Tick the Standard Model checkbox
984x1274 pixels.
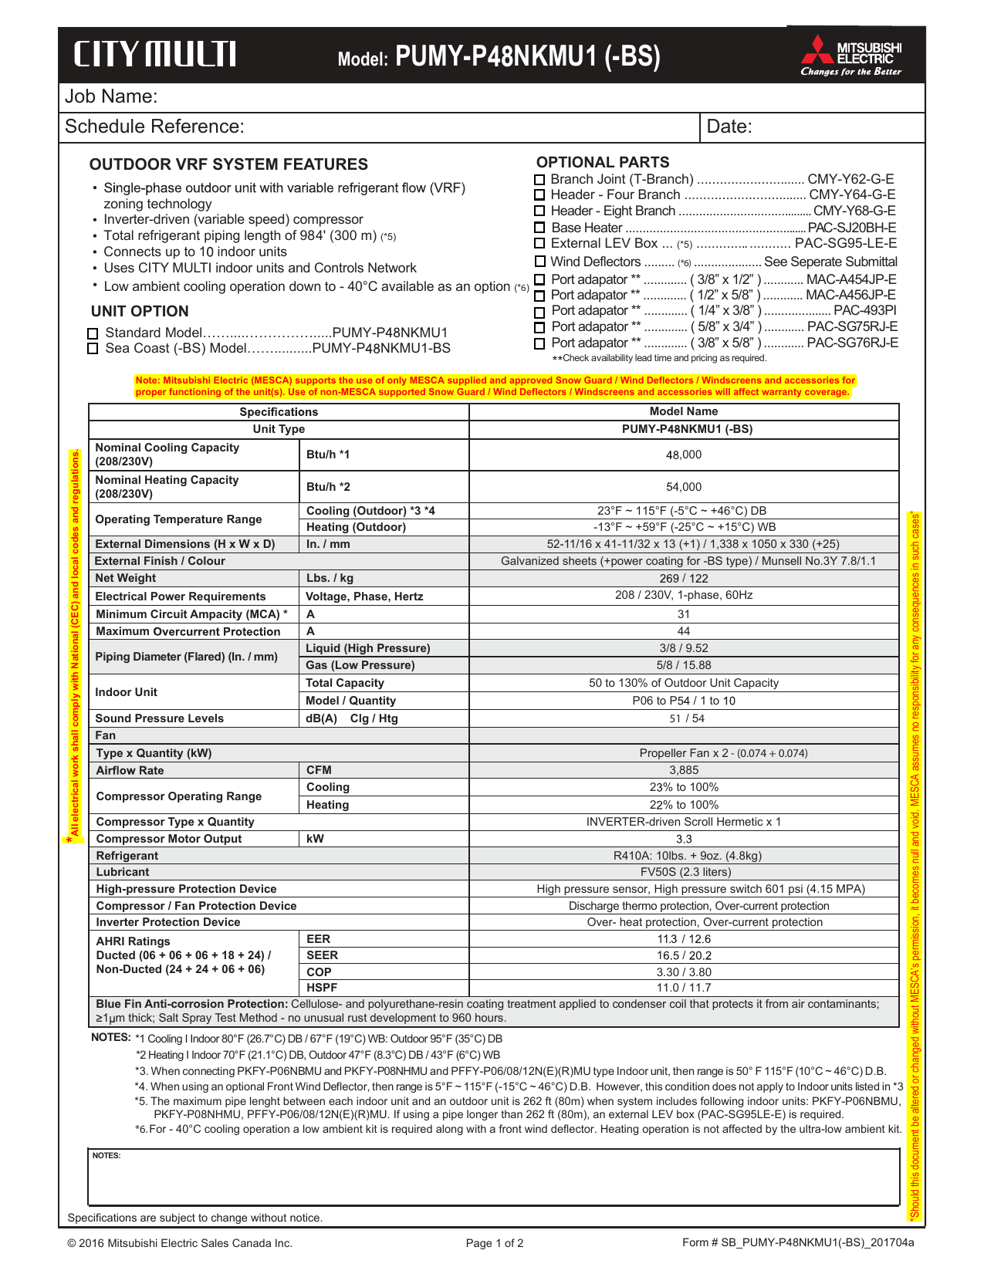click(x=93, y=333)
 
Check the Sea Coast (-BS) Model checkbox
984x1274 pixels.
click(x=93, y=349)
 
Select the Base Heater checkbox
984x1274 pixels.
click(x=540, y=228)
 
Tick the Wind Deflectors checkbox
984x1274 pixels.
click(x=540, y=262)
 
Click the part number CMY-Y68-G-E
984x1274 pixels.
click(x=854, y=211)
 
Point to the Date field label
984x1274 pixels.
click(x=729, y=127)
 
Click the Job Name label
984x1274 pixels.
click(x=111, y=96)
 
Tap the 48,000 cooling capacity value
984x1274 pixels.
click(x=684, y=455)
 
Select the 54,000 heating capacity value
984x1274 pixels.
click(x=684, y=487)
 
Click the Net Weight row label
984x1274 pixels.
click(x=125, y=578)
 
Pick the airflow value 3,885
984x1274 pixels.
click(x=684, y=770)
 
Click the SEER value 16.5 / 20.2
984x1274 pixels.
click(x=684, y=955)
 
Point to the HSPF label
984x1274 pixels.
click(x=322, y=988)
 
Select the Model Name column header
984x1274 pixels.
click(x=684, y=411)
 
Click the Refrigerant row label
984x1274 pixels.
click(x=127, y=856)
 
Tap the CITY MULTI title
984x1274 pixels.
click(x=155, y=55)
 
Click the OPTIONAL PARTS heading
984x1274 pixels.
click(x=603, y=162)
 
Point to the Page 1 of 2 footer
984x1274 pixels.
click(x=495, y=1243)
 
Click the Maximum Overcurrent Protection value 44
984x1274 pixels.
click(x=684, y=631)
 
